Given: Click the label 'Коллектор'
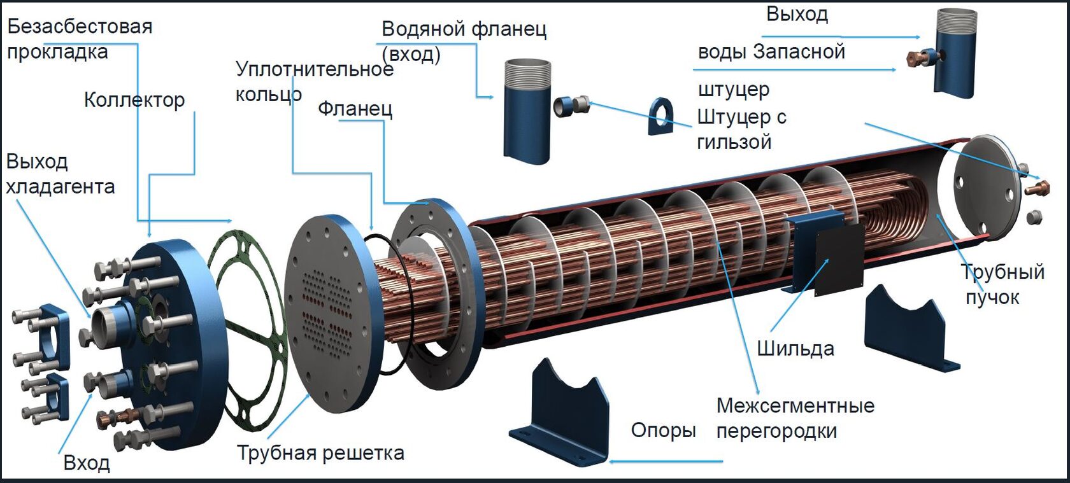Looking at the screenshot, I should click(134, 100).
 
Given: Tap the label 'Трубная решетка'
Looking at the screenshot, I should click(320, 452).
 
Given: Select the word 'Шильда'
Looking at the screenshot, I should click(795, 348).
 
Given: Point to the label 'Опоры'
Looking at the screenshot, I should click(662, 430).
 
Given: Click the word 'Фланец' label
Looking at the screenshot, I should click(355, 109).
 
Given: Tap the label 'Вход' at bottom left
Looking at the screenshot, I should click(87, 462).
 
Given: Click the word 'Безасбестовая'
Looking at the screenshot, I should click(80, 27).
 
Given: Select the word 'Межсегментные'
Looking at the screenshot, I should click(795, 405).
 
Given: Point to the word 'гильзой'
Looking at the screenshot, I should click(734, 141).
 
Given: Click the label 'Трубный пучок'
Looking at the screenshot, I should click(1002, 284).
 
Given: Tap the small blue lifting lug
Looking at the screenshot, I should click(660, 116).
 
